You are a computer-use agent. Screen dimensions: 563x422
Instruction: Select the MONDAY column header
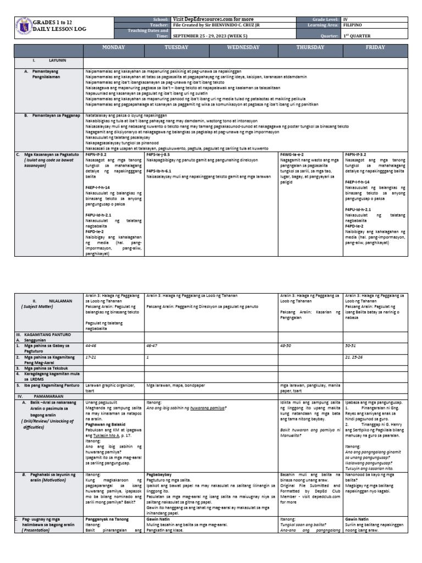(x=114, y=48)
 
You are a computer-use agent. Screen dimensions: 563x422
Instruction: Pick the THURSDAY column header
(x=310, y=48)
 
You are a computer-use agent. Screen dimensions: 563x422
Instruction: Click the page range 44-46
(x=91, y=346)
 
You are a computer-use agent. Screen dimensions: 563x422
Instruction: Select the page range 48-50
(x=286, y=346)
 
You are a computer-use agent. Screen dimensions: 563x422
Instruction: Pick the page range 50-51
(x=351, y=346)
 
